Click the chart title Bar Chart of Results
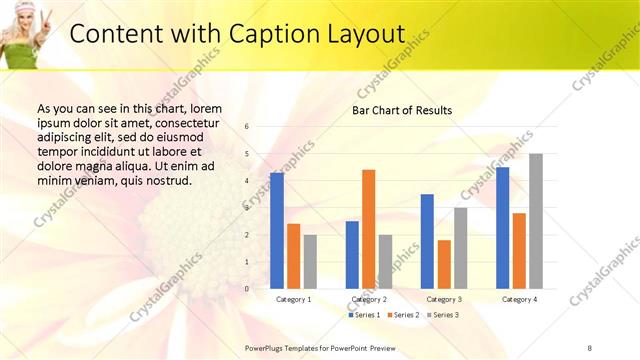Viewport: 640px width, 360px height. [401, 110]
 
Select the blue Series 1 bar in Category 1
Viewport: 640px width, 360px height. [277, 231]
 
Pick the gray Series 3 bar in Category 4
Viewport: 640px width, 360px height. [536, 221]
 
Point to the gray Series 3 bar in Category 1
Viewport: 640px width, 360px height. [310, 261]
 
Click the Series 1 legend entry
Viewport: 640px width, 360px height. [364, 315]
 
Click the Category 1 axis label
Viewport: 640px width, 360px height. [293, 299]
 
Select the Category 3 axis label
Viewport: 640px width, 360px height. [444, 299]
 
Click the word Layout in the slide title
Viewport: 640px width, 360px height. [363, 34]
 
